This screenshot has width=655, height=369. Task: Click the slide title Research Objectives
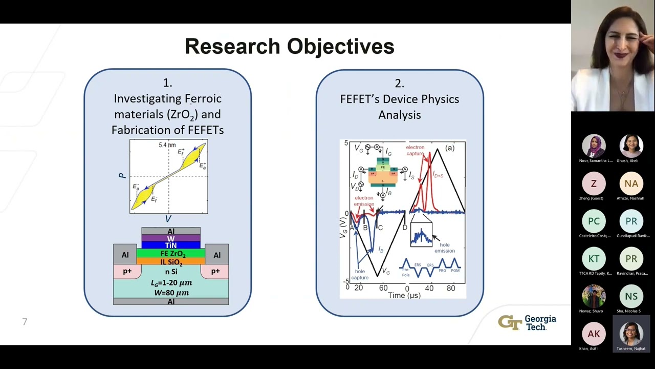click(x=289, y=46)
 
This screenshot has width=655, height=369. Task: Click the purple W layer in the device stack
click(x=171, y=238)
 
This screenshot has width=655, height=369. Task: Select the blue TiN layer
click(x=171, y=245)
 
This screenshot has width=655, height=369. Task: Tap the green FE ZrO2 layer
click(x=171, y=254)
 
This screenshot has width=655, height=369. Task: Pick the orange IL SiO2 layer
click(x=171, y=262)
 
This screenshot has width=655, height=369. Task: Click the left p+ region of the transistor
click(x=126, y=271)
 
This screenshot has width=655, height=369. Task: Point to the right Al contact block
click(x=217, y=255)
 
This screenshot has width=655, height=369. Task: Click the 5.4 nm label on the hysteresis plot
click(x=167, y=145)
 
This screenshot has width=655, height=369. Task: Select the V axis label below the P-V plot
click(x=168, y=219)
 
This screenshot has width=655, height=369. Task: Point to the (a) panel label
click(x=449, y=148)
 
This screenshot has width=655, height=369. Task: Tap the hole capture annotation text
click(x=360, y=274)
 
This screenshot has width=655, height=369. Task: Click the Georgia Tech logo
click(x=527, y=323)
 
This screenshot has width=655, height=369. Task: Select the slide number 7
click(x=25, y=322)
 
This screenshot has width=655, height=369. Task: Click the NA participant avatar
click(x=631, y=183)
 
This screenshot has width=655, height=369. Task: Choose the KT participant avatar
click(x=594, y=259)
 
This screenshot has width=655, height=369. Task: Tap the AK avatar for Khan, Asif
click(x=594, y=334)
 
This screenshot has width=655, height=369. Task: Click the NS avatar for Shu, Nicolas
click(x=631, y=296)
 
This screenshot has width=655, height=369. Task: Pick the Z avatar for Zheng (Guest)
click(x=594, y=183)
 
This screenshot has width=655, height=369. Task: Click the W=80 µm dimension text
click(x=171, y=293)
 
